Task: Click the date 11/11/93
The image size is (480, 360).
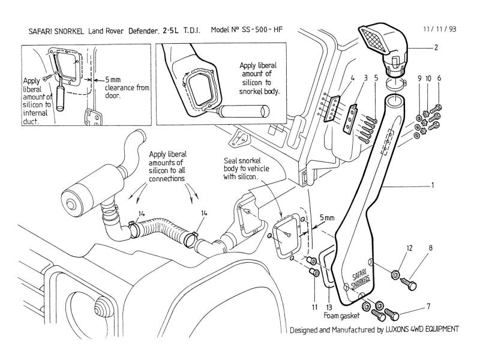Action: (x=440, y=29)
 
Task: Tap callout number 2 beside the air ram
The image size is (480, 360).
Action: (x=436, y=47)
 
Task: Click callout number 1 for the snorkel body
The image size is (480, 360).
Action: (x=433, y=185)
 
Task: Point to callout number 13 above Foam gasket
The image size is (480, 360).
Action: (x=329, y=307)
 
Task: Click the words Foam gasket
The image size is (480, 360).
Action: (x=341, y=316)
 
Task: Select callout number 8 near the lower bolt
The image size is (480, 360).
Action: (x=430, y=248)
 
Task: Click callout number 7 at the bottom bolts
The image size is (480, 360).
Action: (x=428, y=306)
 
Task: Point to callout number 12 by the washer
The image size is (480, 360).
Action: (x=410, y=248)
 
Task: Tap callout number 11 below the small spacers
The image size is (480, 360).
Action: (x=314, y=307)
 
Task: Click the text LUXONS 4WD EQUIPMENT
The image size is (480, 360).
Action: (x=422, y=329)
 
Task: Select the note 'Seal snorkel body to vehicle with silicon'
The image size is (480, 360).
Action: (x=246, y=169)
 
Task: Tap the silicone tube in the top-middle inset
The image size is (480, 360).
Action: (x=244, y=111)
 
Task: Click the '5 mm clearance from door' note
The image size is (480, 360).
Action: (x=127, y=88)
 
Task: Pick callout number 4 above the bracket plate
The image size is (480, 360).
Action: (x=352, y=78)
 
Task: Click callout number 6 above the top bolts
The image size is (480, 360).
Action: (x=439, y=78)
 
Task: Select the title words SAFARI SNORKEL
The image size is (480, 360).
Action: (x=56, y=31)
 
